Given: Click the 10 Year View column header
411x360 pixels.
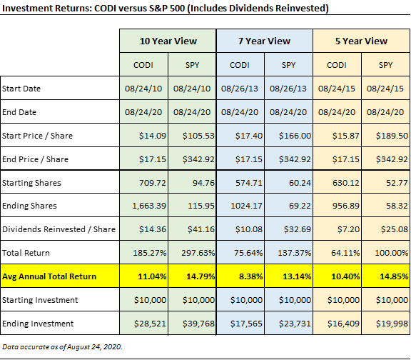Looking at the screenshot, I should click(x=168, y=41).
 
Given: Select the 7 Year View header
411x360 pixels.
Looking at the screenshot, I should click(x=264, y=41).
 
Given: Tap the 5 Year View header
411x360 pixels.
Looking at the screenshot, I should click(x=361, y=41).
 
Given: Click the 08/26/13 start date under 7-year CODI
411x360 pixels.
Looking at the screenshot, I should click(x=240, y=89).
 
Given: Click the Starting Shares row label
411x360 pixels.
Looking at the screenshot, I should click(x=31, y=182).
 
